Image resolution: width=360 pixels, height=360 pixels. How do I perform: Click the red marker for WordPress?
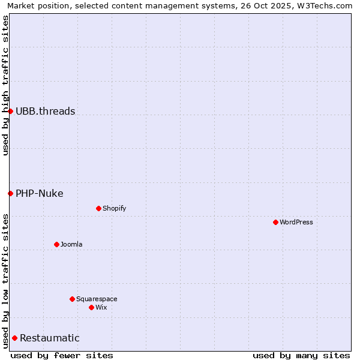tap(275, 222)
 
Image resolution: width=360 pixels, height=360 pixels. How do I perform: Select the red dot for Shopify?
tap(98, 208)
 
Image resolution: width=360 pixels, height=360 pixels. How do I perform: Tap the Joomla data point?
tap(56, 244)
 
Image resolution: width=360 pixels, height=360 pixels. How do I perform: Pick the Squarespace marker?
tap(72, 299)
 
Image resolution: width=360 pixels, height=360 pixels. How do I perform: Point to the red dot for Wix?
tap(91, 307)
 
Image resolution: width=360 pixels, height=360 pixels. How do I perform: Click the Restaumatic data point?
tap(14, 338)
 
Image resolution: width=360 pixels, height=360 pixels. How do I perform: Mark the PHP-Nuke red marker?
tap(10, 193)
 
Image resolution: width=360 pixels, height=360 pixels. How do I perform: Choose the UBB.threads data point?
tap(10, 111)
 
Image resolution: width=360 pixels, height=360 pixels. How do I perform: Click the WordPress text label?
tap(296, 222)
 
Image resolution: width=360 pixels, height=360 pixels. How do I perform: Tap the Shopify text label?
tap(115, 208)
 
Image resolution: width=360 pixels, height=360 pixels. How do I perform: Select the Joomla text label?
tap(71, 244)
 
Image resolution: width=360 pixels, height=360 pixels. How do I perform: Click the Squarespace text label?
tap(97, 299)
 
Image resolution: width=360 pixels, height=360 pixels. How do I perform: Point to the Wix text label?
tap(101, 307)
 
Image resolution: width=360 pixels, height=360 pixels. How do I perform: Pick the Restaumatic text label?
tap(50, 338)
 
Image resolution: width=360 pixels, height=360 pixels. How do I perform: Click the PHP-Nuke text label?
tap(40, 193)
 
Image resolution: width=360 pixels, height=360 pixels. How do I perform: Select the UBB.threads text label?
tap(46, 111)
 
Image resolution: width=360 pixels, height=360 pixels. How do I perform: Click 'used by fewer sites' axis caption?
tap(62, 355)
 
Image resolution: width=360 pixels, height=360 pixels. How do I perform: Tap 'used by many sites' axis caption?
tap(301, 355)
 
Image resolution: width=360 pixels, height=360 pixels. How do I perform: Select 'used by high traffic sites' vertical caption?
tap(6, 85)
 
